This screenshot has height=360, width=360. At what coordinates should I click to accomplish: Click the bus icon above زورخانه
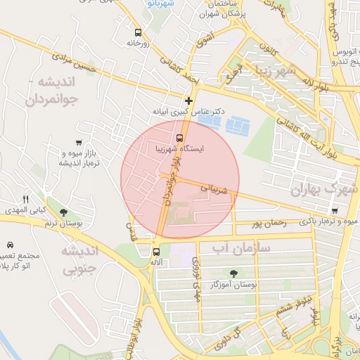click(x=137, y=32)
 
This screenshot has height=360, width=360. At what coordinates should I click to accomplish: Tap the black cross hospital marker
click(x=188, y=101)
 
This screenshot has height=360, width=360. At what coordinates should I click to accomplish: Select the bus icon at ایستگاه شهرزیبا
click(x=179, y=138)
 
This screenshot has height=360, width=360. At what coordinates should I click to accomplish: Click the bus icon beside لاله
click(x=156, y=251)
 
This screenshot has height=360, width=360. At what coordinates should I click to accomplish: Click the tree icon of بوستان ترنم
click(x=64, y=212)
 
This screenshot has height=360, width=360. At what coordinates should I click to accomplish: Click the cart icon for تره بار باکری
click(x=334, y=210)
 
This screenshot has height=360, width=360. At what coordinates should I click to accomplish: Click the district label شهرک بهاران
click(x=319, y=189)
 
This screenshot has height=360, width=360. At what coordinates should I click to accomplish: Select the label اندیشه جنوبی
click(x=74, y=259)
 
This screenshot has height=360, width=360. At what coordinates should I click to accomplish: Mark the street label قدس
click(x=129, y=230)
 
